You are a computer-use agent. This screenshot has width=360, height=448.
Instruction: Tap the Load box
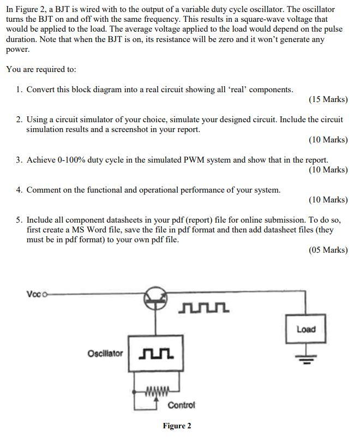point(305,329)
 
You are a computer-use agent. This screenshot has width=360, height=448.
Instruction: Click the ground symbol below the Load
point(305,359)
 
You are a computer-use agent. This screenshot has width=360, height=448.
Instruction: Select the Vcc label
point(33,294)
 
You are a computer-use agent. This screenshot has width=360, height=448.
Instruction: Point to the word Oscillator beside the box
point(105,354)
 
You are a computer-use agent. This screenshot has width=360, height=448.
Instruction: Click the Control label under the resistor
point(181,405)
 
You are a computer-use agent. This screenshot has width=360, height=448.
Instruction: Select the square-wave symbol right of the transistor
point(203,309)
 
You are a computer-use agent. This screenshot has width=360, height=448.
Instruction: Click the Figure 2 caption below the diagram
point(177,426)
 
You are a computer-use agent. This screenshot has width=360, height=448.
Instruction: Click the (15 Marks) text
point(328,99)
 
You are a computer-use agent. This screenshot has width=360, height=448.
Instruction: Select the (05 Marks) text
point(328,250)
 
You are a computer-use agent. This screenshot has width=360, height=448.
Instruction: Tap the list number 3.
point(19,160)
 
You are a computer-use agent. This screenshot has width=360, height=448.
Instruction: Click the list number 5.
point(19,220)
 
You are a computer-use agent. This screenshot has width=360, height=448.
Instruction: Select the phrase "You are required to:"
point(41,69)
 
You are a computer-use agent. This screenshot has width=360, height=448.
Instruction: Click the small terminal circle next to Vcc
point(45,295)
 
